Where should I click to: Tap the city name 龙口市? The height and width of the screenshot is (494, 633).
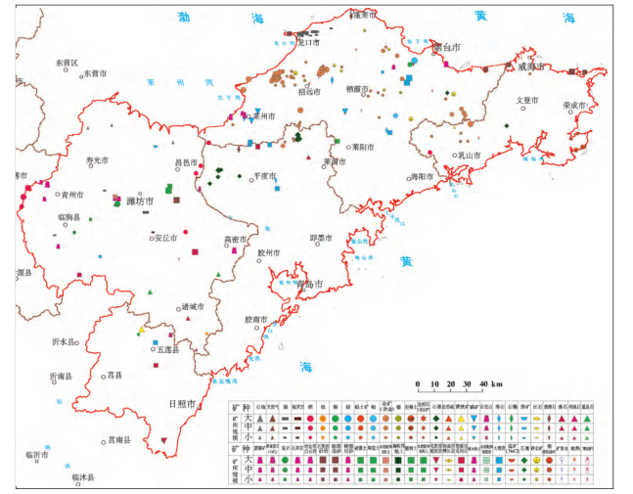point(309,43)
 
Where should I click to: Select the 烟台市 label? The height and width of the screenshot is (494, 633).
point(446,46)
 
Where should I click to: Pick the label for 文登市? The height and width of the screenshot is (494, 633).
point(527,100)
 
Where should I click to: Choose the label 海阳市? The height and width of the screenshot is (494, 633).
point(420,176)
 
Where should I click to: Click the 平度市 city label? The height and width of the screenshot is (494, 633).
point(266,175)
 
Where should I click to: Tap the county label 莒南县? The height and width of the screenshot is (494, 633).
point(119,439)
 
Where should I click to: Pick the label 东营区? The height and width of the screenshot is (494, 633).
point(72,62)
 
